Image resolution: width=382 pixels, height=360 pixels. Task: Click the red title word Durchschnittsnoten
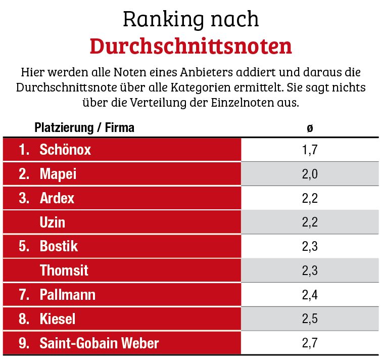pos(190,46)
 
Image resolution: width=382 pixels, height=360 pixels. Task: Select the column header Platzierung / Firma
pos(84,127)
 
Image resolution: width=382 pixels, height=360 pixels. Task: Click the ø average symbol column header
pos(310,127)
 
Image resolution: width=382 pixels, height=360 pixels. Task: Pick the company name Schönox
pos(65,150)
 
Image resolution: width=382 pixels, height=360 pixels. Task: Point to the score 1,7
pos(310,150)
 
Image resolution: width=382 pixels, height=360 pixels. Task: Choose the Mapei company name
pos(58,174)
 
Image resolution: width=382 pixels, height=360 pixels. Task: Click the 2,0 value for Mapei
pos(310,174)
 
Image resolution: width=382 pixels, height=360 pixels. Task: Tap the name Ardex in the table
pos(57,198)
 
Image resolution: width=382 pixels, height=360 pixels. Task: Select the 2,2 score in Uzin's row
pos(310,222)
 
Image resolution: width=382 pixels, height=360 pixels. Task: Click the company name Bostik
pos(59,246)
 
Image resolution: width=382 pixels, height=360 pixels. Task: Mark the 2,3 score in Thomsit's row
pos(310,271)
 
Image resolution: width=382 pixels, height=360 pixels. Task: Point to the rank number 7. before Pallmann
pos(24,295)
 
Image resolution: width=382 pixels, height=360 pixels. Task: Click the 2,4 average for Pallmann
pos(310,295)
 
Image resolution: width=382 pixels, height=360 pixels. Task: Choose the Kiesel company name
pos(58,319)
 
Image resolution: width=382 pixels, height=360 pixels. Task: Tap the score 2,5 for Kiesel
pos(310,319)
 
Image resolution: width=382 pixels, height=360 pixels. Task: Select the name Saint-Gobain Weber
pos(99,343)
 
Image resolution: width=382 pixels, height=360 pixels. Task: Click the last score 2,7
pos(310,343)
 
